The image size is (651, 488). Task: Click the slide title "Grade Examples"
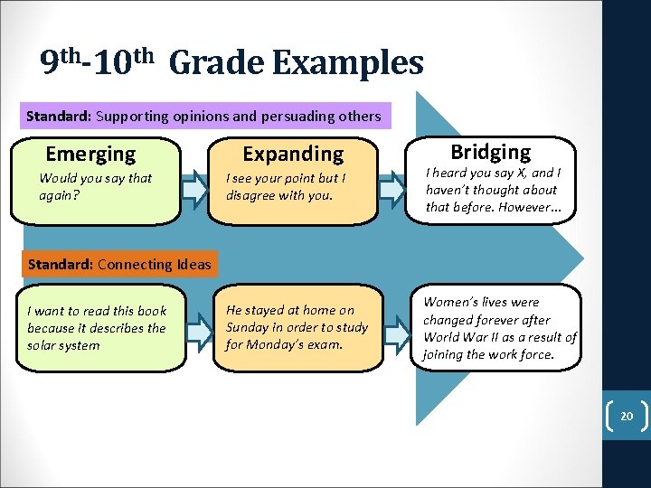pyautogui.click(x=296, y=63)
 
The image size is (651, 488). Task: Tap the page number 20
pyautogui.click(x=626, y=417)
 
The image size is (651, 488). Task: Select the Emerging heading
pyautogui.click(x=90, y=155)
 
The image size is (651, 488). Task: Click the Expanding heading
pyautogui.click(x=293, y=155)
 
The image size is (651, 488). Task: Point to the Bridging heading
pyautogui.click(x=491, y=152)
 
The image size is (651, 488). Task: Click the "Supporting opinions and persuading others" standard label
pyautogui.click(x=203, y=116)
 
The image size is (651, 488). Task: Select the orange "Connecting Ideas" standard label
pyautogui.click(x=119, y=264)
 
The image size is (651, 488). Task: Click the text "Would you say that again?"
pyautogui.click(x=95, y=186)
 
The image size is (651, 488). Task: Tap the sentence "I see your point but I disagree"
pyautogui.click(x=286, y=186)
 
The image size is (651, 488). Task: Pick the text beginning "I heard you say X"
pyautogui.click(x=493, y=190)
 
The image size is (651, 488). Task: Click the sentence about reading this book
pyautogui.click(x=97, y=328)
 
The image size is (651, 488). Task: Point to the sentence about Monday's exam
pyautogui.click(x=297, y=327)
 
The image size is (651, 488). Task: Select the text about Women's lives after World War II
pyautogui.click(x=499, y=328)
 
